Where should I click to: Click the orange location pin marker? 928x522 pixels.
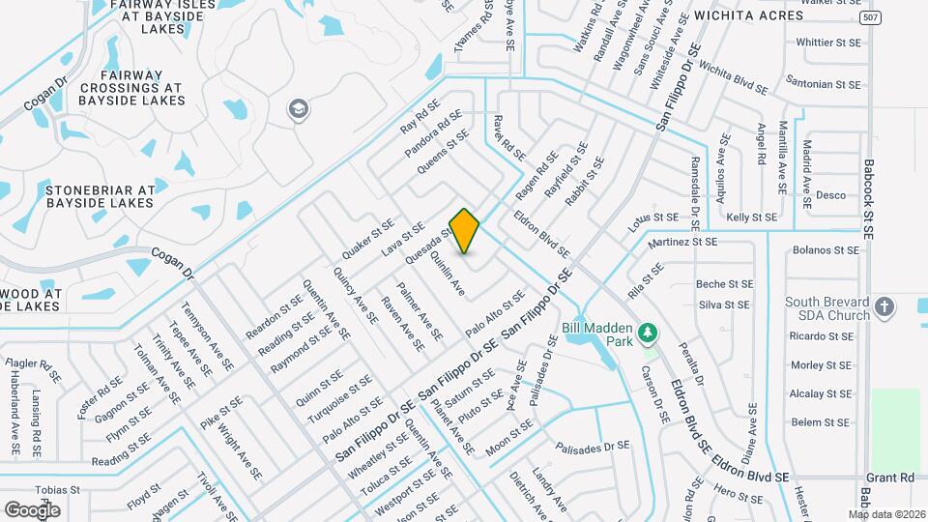point(465,230)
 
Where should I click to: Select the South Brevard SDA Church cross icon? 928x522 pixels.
point(884,308)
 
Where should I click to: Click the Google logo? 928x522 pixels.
point(33,508)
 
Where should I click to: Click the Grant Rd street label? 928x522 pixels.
point(889,478)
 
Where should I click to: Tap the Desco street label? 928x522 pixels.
point(830,195)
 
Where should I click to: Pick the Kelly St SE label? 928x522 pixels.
point(751,218)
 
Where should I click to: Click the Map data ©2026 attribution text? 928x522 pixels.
point(886,514)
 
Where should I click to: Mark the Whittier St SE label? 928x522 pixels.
point(827,43)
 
